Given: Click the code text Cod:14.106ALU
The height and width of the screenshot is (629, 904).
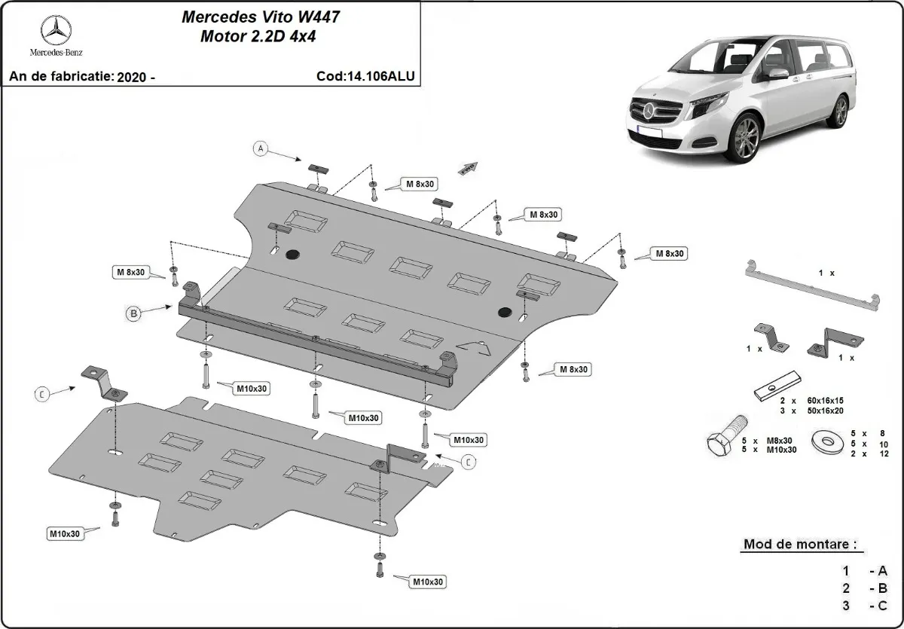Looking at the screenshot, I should coord(366,76).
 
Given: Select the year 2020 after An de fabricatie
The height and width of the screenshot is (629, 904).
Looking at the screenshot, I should coord(133,77).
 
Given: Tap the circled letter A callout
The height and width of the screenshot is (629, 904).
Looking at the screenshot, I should coord(261,149).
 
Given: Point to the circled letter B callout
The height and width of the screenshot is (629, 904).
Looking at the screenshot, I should coord(133,314).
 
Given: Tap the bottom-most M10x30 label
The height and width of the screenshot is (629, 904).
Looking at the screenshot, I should coord(427,582).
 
